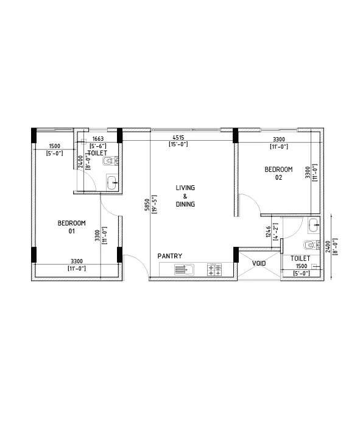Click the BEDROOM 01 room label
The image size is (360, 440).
pyautogui.click(x=71, y=227)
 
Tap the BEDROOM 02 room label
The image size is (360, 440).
pyautogui.click(x=278, y=173)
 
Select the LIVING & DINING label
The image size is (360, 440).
pyautogui.click(x=185, y=196)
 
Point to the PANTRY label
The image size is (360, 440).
pyautogui.click(x=169, y=256)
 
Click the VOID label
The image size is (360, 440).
pyautogui.click(x=259, y=263)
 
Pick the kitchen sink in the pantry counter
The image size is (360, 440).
pyautogui.click(x=184, y=269)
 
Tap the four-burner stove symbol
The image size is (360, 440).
pyautogui.click(x=215, y=269)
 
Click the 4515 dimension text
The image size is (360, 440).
pyautogui.click(x=178, y=138)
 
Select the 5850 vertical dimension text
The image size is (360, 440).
pyautogui.click(x=147, y=204)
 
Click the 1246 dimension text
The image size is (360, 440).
pyautogui.click(x=268, y=232)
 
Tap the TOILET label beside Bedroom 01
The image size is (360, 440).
pyautogui.click(x=97, y=153)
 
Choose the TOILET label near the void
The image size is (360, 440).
pyautogui.click(x=301, y=258)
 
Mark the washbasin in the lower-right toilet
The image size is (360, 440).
pyautogui.click(x=313, y=224)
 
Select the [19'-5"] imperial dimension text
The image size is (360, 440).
pyautogui.click(x=155, y=204)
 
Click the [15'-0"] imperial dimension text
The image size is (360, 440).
pyautogui.click(x=178, y=144)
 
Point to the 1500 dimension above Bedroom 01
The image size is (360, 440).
pyautogui.click(x=54, y=146)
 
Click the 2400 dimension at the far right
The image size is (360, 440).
pyautogui.click(x=328, y=246)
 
